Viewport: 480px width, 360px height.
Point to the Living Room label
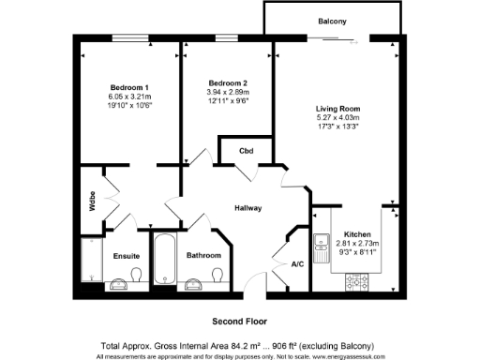[337, 109]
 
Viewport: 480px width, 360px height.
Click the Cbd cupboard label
[247, 150]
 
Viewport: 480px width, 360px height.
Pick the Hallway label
[247, 208]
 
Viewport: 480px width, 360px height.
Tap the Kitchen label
[358, 234]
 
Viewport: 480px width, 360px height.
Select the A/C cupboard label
[297, 264]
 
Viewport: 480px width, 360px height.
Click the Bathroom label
[203, 255]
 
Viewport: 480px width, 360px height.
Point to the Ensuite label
[126, 255]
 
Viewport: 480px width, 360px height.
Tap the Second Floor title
[240, 321]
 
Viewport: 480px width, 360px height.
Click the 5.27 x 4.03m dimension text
[337, 118]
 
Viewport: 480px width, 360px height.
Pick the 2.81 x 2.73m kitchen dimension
[358, 243]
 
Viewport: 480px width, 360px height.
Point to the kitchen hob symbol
[358, 279]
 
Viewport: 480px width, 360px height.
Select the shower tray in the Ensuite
[91, 261]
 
